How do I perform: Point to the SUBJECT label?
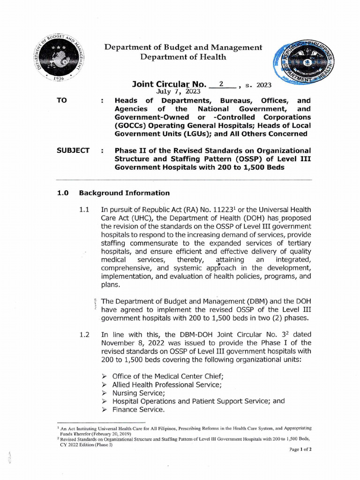pyautogui.click(x=73, y=150)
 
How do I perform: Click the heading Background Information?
pyautogui.click(x=124, y=193)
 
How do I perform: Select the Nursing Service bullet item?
pyautogui.click(x=138, y=393)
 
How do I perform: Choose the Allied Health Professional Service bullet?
pyautogui.click(x=166, y=384)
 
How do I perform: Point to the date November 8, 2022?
pyautogui.click(x=133, y=342)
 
